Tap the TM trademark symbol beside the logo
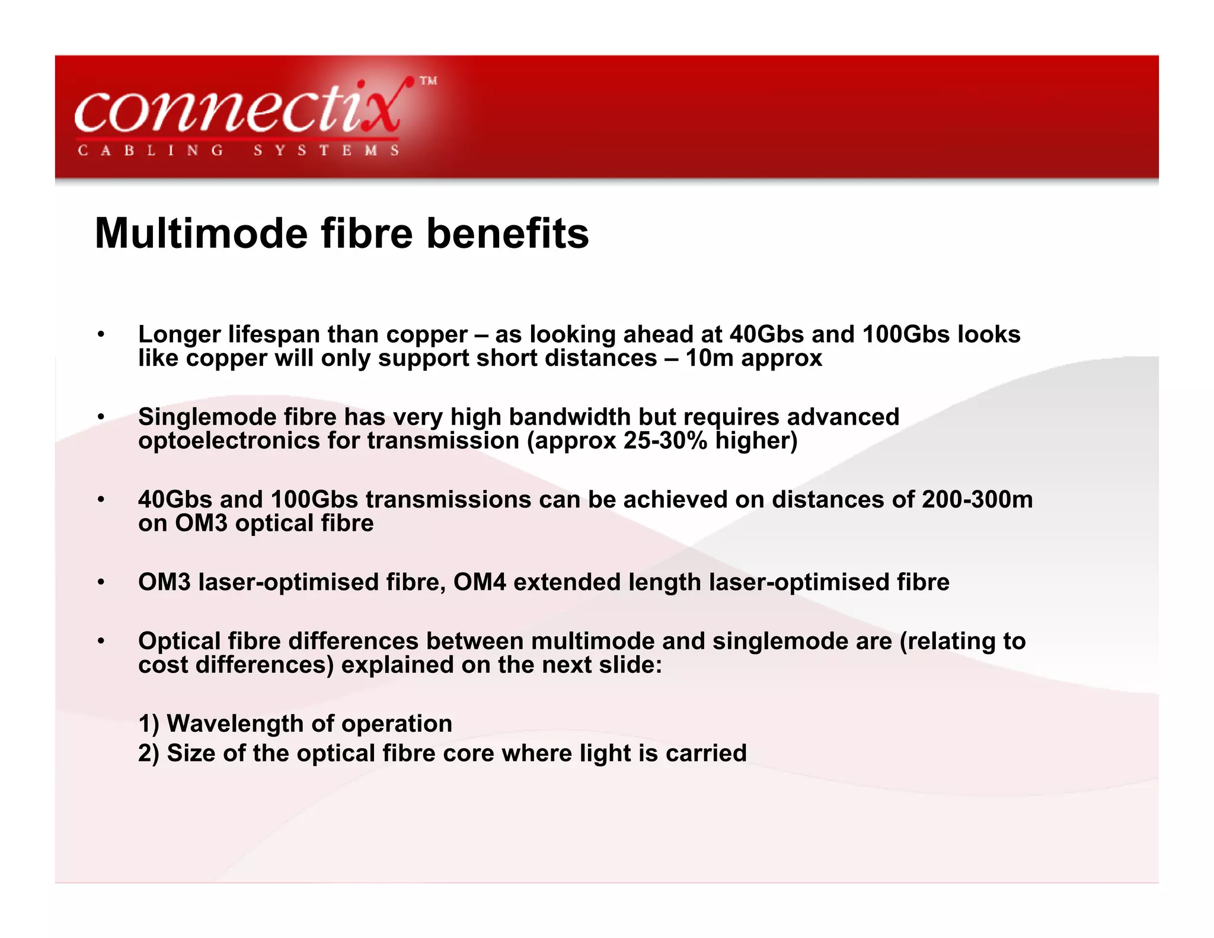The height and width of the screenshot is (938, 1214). click(428, 81)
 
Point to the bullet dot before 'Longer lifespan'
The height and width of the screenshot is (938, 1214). click(101, 335)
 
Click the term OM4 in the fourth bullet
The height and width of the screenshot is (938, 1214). click(480, 582)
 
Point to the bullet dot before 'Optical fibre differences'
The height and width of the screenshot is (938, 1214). click(101, 642)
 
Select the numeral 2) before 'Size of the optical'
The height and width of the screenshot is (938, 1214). click(149, 754)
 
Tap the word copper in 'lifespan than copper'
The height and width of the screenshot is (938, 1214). click(427, 335)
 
